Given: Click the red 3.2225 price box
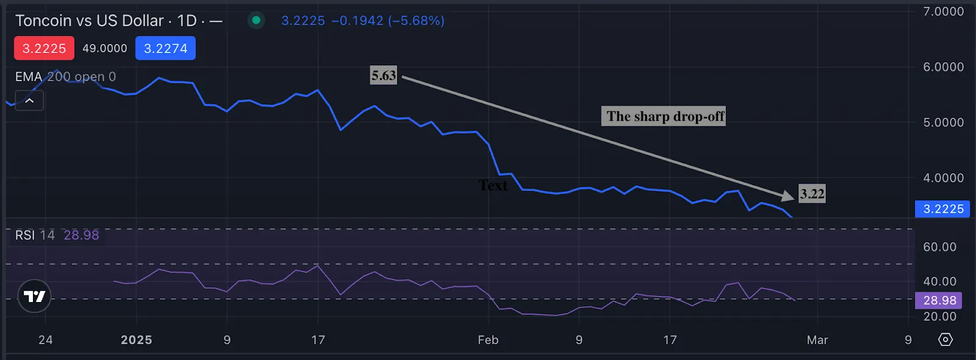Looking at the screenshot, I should [44, 48].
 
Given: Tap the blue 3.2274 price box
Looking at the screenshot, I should [165, 48].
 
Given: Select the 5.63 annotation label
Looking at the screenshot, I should [384, 76].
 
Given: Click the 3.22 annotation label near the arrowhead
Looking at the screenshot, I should [812, 194].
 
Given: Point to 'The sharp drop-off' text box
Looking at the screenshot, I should [665, 117].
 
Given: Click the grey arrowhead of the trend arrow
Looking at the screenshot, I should [788, 195].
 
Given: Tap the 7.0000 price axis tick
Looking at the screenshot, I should [943, 12].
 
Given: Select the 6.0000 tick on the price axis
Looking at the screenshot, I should [943, 67].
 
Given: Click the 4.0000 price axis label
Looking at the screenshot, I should [943, 178].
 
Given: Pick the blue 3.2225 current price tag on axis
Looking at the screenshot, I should [943, 209].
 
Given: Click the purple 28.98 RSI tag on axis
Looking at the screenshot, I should [939, 300].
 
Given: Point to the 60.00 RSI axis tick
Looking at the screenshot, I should [939, 247].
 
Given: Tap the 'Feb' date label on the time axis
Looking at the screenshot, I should [488, 340].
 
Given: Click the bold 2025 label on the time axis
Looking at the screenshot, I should [136, 340].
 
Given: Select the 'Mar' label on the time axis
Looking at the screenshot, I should [817, 340].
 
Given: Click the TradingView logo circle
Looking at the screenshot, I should [34, 297].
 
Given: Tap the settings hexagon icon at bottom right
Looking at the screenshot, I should [945, 339].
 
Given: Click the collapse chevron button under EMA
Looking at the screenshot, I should [29, 101].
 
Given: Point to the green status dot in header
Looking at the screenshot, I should [256, 20].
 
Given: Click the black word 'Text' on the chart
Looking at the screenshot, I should [493, 185].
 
